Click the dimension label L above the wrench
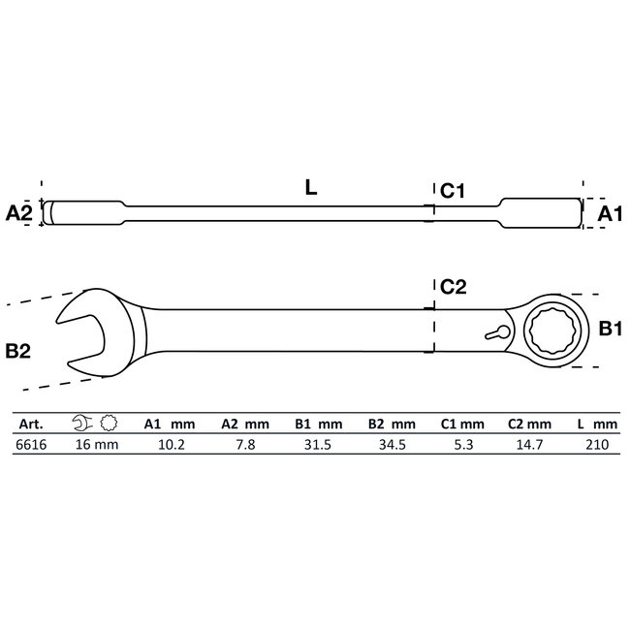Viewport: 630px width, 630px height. (310, 189)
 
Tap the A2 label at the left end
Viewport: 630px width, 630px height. (19, 212)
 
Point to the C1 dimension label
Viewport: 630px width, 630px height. (454, 192)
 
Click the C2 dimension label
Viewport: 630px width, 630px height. (454, 287)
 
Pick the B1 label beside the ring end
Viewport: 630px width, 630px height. (608, 331)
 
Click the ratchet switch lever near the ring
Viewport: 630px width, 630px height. (497, 331)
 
